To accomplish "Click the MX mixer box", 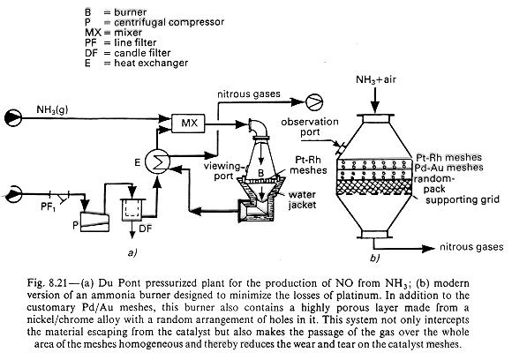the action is [x=188, y=123].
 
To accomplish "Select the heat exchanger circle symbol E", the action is [x=157, y=161].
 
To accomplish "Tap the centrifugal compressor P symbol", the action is [x=94, y=222].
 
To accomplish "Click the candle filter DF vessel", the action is [x=132, y=209].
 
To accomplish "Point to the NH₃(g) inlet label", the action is [x=52, y=109].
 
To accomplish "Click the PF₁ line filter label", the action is [x=49, y=206].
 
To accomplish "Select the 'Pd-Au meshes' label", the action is [x=449, y=168].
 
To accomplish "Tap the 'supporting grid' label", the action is [x=463, y=199].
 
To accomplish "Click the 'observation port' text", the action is [x=310, y=127].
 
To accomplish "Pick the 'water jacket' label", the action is [x=302, y=199].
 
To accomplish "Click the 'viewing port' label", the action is [x=222, y=171].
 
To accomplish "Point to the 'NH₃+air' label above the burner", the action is [x=376, y=79].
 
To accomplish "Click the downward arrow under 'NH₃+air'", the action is [x=375, y=100].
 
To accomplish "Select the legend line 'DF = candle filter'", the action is [x=128, y=53].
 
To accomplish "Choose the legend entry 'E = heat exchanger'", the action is [x=137, y=63].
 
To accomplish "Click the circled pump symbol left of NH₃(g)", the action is [x=13, y=118].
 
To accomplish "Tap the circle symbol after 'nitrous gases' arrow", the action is [x=314, y=101].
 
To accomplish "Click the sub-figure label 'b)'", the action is [x=375, y=259].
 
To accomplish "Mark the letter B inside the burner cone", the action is [x=260, y=174].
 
